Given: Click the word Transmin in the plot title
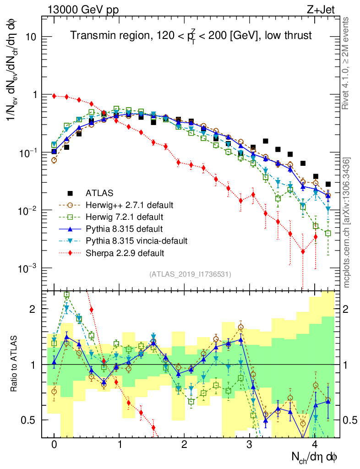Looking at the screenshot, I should [89, 35].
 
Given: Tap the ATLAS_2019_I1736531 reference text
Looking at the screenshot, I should [190, 274].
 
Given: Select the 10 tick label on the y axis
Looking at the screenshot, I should [31, 37].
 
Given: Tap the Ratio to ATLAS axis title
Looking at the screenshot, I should [15, 364].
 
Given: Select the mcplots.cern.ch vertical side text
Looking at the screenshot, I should [347, 222].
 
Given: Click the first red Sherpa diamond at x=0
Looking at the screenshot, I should [54, 96].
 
